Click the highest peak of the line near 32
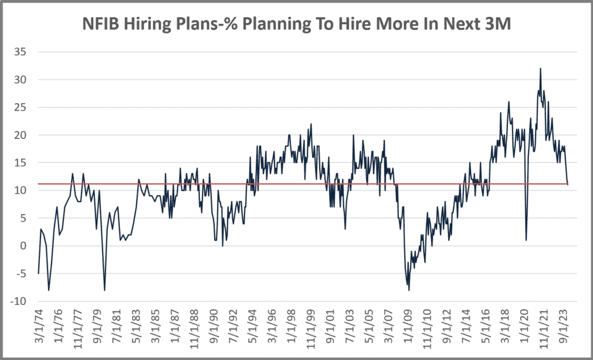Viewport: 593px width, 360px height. pyautogui.click(x=540, y=68)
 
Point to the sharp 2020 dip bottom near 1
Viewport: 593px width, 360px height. pyautogui.click(x=526, y=240)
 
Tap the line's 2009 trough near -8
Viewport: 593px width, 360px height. pyautogui.click(x=409, y=290)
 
